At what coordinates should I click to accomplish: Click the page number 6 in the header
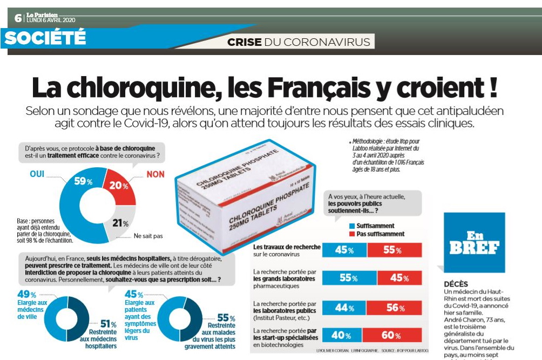[x=18, y=18]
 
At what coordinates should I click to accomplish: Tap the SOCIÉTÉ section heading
[x=45, y=37]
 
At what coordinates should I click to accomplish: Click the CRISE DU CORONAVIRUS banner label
[x=299, y=42]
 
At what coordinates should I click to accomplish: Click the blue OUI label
[x=38, y=174]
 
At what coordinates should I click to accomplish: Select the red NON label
[x=155, y=174]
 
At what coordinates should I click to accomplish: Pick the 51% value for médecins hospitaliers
[x=109, y=324]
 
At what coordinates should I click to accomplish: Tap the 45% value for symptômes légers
[x=133, y=295]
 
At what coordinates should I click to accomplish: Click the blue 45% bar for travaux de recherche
[x=344, y=250]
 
